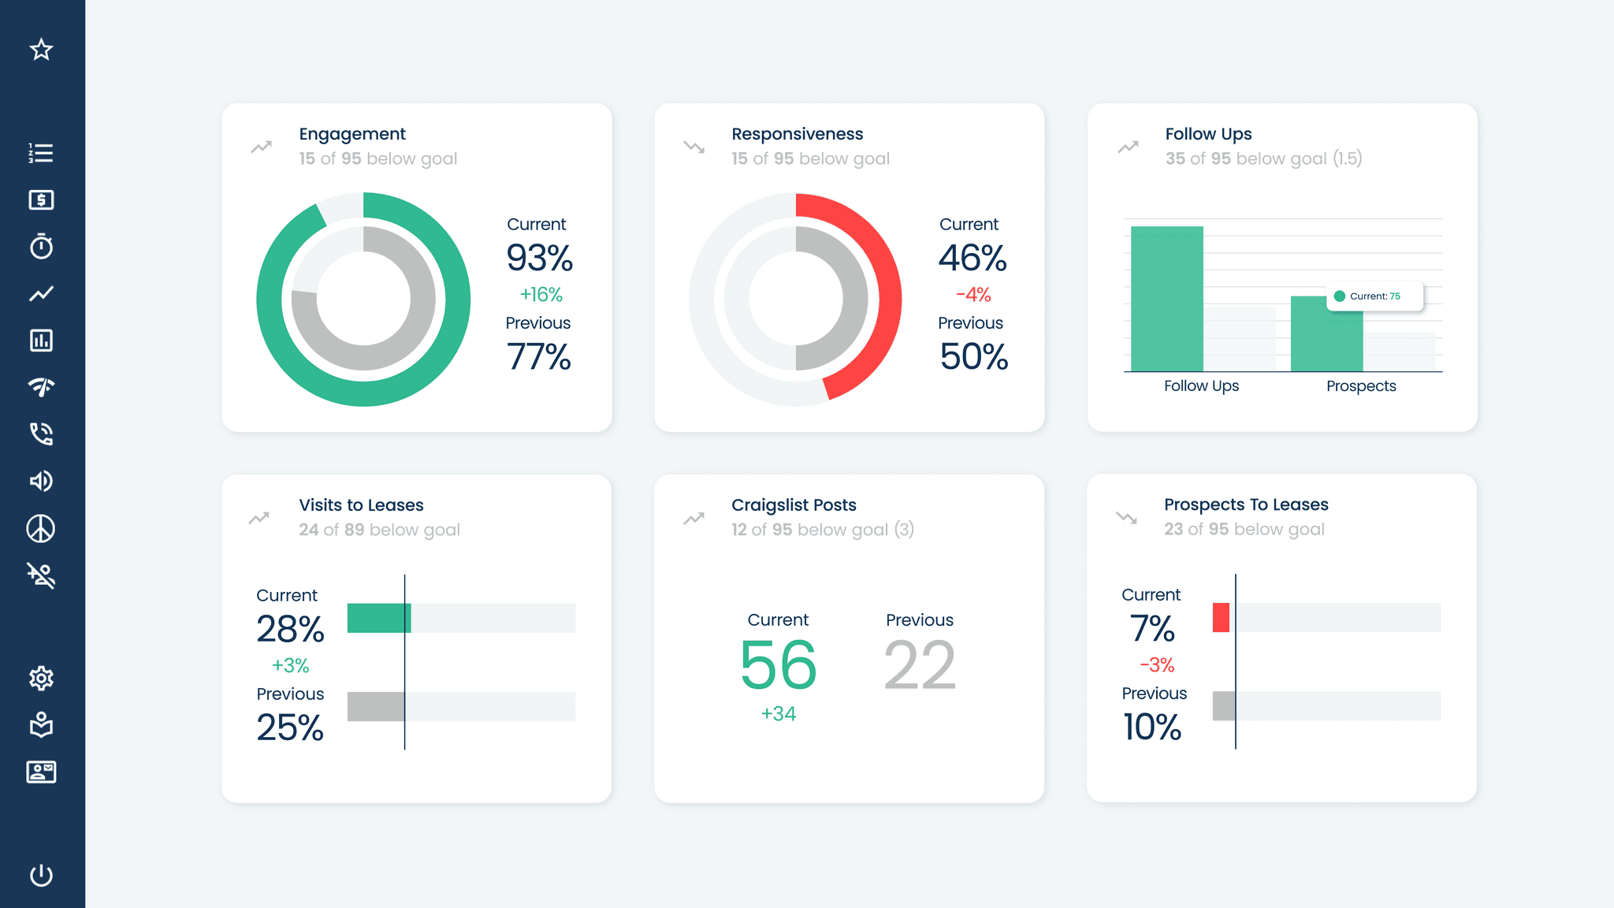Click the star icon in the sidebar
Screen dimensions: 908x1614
coord(41,50)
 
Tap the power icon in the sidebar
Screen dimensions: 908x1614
coord(41,875)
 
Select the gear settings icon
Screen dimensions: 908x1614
coord(41,678)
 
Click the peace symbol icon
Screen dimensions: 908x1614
coord(41,529)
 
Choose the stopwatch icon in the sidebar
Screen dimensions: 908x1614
coord(41,247)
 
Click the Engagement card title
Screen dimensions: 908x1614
coord(352,134)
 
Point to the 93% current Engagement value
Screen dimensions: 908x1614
coord(539,259)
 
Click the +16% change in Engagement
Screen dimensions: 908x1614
coord(541,295)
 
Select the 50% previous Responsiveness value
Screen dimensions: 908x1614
coord(973,357)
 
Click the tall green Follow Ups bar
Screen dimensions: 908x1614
coord(1166,300)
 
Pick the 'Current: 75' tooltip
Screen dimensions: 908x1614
coord(1374,296)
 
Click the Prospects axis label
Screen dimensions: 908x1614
coord(1361,386)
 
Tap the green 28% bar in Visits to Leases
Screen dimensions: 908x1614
coord(378,618)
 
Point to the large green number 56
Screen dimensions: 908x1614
coord(778,665)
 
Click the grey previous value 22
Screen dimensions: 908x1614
coord(920,665)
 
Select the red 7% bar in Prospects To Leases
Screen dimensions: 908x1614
coord(1221,617)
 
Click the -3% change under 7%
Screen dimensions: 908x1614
coord(1157,665)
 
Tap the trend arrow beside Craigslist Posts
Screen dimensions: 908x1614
coord(694,519)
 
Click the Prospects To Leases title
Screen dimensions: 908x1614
coord(1246,504)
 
